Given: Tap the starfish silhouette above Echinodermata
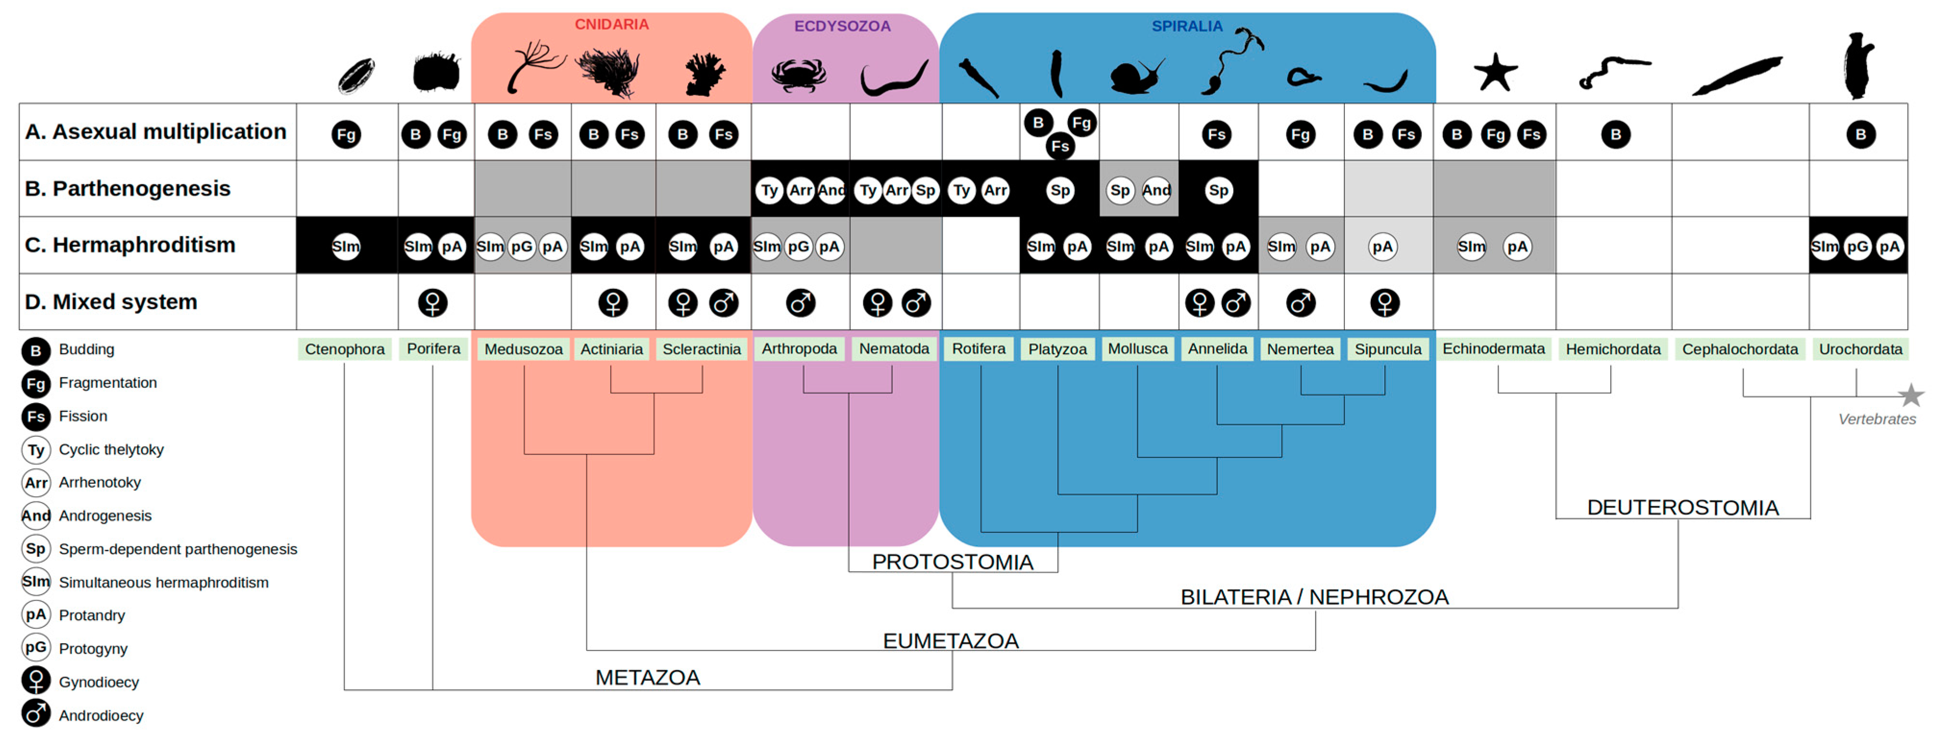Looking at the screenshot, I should [1495, 73].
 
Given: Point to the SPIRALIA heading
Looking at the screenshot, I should [1187, 26].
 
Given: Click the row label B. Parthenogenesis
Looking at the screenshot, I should [128, 189].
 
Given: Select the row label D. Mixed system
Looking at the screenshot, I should [112, 302].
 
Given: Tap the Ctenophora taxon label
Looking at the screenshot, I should [345, 349].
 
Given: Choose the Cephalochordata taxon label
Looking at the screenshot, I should [1739, 349].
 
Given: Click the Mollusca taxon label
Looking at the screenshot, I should [1137, 349].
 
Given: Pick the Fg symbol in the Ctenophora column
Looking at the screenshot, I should [346, 134].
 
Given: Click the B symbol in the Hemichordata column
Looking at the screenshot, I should [1615, 134].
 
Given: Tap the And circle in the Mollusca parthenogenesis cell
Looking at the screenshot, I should [1156, 190].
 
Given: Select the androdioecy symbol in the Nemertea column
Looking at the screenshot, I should [1300, 303].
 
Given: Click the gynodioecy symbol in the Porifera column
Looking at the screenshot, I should [433, 303].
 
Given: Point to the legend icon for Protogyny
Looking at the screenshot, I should [36, 647].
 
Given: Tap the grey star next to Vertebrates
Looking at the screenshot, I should [1910, 395].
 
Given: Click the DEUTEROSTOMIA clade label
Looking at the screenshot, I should [1682, 508].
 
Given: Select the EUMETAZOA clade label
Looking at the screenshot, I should [950, 641].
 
